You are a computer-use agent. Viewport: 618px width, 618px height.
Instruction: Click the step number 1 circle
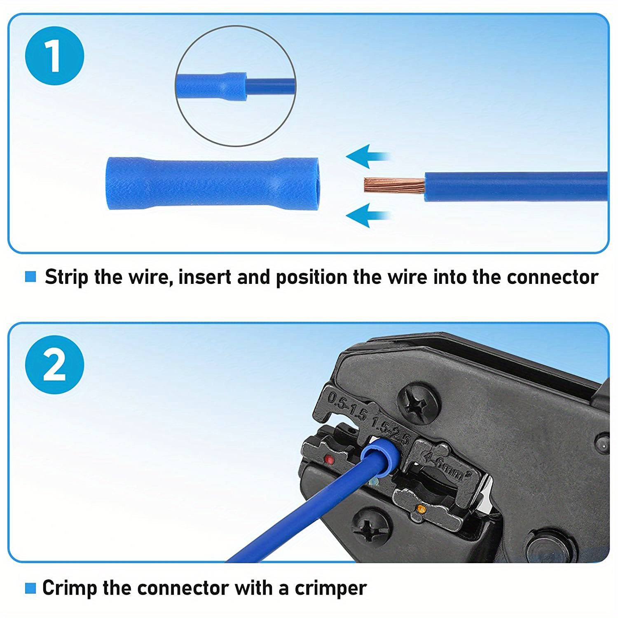(x=54, y=56)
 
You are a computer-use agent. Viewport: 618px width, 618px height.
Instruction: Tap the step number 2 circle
(x=54, y=365)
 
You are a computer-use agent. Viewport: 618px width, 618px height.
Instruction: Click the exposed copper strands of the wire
(x=393, y=185)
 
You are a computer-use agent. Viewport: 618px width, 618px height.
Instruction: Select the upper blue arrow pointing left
(x=367, y=157)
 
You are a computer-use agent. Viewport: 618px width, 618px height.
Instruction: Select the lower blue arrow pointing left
(x=367, y=215)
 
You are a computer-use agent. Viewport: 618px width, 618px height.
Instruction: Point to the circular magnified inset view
(x=236, y=86)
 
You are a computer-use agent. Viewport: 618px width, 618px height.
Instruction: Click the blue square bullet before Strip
(x=30, y=277)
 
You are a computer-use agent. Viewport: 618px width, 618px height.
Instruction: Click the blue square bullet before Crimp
(x=30, y=588)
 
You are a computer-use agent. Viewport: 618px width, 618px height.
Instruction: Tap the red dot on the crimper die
(x=329, y=459)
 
